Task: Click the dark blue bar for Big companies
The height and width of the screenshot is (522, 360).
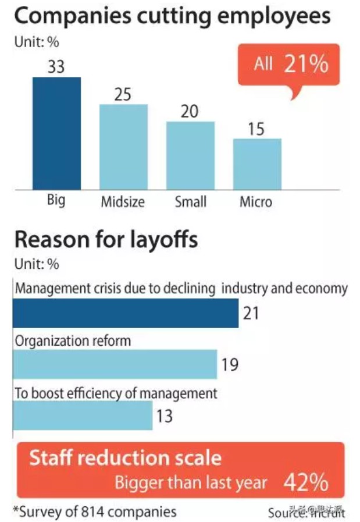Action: tap(56, 132)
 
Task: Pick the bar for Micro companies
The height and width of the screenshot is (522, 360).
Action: tap(257, 163)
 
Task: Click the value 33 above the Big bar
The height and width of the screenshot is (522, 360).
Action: tap(56, 66)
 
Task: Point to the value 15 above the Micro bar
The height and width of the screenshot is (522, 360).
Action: tap(256, 128)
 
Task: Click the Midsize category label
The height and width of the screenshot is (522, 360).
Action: tap(123, 202)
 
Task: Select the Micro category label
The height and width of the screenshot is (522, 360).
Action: tap(255, 202)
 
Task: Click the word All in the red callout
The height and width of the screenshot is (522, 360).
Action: tap(263, 64)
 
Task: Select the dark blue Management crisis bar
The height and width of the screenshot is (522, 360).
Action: tap(126, 313)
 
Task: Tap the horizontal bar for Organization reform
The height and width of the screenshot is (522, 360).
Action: tap(115, 364)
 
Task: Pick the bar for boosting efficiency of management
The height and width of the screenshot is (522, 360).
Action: tap(83, 416)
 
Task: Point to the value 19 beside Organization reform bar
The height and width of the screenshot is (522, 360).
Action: tap(230, 365)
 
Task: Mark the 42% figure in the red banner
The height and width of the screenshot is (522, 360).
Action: tap(306, 482)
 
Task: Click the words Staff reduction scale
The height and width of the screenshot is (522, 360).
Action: tap(125, 458)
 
